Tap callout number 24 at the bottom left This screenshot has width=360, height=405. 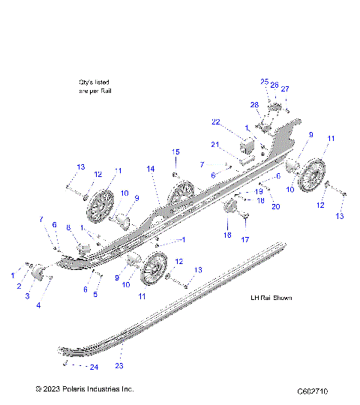point(94,367)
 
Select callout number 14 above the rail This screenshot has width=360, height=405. point(151,169)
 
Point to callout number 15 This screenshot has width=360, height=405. point(176,152)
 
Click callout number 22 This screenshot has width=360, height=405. point(215,122)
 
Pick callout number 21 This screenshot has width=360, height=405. point(214,145)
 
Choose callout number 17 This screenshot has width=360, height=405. point(244,240)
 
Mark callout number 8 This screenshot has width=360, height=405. point(68,228)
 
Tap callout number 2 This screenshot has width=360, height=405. point(19,286)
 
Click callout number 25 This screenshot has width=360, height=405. point(264,81)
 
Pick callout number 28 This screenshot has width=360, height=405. point(254,104)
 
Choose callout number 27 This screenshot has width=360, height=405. point(284,89)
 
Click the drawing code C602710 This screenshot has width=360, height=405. point(317,391)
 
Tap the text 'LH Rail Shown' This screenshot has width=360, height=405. point(271,298)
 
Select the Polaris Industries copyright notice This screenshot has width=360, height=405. point(84,390)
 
